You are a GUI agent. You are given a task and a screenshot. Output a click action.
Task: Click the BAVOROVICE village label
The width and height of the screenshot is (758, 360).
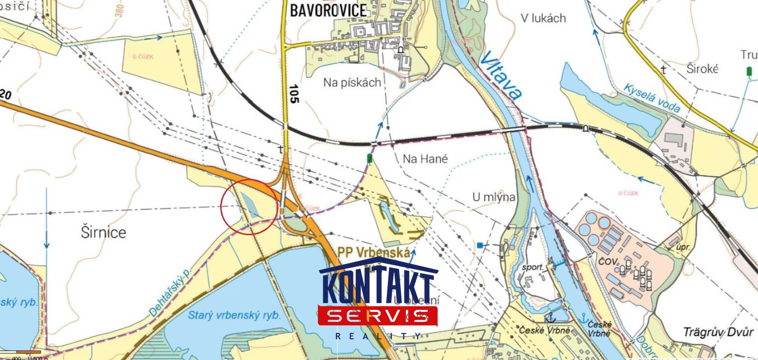coord(328,10)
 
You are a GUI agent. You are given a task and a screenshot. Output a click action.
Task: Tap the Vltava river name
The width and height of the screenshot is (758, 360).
coord(501,74)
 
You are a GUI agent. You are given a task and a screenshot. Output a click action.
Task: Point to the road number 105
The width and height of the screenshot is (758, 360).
coord(294,94)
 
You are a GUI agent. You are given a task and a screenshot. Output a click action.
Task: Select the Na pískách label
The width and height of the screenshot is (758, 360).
coord(352,82)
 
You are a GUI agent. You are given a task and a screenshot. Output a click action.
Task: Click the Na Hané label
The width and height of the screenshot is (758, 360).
coord(425,159)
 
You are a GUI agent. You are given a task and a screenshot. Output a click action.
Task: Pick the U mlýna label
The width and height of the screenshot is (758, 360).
coord(494,197)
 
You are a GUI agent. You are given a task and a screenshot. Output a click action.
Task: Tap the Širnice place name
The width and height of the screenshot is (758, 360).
coord(103,232)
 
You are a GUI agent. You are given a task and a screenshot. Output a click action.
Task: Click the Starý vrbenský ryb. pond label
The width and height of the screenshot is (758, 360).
coord(234,315)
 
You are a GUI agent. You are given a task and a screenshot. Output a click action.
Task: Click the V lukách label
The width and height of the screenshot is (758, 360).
coord(543,18)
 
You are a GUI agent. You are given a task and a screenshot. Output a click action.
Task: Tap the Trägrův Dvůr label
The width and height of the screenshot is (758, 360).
coord(718,333)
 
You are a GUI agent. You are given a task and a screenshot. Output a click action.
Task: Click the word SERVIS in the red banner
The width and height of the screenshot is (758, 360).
coord(377,316)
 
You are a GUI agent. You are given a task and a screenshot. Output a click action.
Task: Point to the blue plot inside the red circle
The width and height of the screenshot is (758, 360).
coord(250,205)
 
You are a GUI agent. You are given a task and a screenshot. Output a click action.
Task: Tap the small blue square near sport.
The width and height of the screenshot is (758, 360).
coord(480,246)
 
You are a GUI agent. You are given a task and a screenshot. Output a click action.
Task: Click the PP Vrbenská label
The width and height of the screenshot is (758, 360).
coord(373,252)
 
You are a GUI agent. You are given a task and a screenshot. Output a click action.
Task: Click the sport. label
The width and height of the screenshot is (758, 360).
coord(533,267)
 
